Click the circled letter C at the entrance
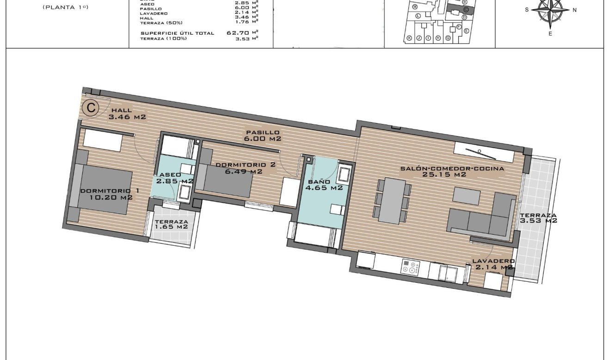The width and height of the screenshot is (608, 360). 91,109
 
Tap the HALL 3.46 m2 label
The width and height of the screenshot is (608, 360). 127,114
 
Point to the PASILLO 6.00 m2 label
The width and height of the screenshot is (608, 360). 263,136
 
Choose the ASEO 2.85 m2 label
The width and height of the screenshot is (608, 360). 174,178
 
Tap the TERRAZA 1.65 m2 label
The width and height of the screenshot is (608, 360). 171,224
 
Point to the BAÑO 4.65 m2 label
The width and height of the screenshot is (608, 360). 325,185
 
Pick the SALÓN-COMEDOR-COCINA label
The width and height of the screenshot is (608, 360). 452,172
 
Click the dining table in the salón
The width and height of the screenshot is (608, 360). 393,201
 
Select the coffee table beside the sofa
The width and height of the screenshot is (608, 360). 467,195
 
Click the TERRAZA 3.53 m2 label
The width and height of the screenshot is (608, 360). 538,218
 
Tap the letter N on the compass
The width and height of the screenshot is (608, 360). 574,10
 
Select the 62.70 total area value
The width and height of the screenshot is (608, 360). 238,33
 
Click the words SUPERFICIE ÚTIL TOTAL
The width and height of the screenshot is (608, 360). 177,33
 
